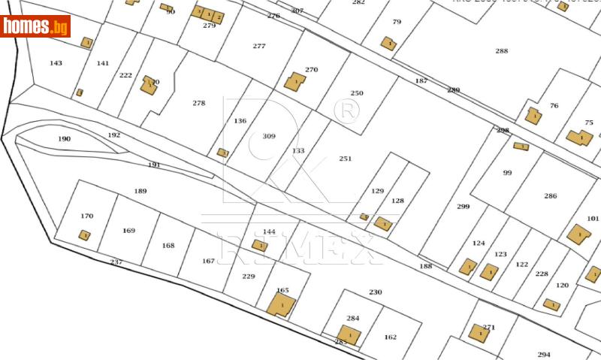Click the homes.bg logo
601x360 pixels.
(x=35, y=26)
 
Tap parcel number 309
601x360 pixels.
(x=269, y=136)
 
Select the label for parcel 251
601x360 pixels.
(x=346, y=159)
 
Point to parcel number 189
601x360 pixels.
(x=140, y=191)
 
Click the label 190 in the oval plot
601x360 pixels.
(x=64, y=139)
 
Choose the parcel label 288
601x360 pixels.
(x=502, y=51)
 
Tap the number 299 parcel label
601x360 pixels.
(x=464, y=206)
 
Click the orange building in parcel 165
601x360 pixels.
(x=281, y=304)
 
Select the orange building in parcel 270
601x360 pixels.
(x=294, y=81)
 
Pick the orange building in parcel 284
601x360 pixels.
(x=349, y=334)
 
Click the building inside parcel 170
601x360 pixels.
(x=85, y=235)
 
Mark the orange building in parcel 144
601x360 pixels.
(x=260, y=245)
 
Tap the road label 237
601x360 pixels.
(x=116, y=262)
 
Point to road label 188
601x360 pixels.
(x=426, y=266)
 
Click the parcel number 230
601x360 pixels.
(x=376, y=292)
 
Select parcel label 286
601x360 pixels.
(x=551, y=195)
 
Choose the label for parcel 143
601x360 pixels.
(x=56, y=63)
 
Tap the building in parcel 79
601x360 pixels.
(x=388, y=44)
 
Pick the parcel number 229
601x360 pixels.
(x=249, y=277)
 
